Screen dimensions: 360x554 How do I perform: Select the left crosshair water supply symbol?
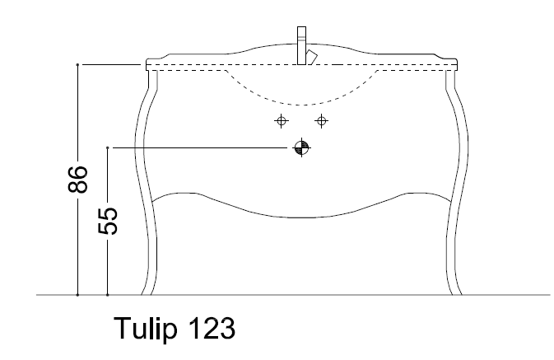pos(282,120)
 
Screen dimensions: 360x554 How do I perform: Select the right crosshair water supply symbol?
pos(322,120)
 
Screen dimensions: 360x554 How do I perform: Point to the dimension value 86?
pos(77,180)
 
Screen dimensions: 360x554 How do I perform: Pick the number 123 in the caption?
pos(212,329)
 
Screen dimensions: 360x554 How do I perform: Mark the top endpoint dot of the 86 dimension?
pos(77,63)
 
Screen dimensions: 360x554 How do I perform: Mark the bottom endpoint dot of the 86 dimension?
pos(77,294)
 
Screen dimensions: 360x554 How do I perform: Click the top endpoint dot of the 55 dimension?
pos(108,147)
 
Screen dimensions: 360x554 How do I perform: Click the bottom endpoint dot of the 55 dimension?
pos(108,294)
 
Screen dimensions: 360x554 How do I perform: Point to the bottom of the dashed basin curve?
pos(301,103)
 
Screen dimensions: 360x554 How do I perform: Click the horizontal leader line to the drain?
pos(202,147)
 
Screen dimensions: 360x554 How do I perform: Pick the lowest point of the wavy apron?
pos(301,218)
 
